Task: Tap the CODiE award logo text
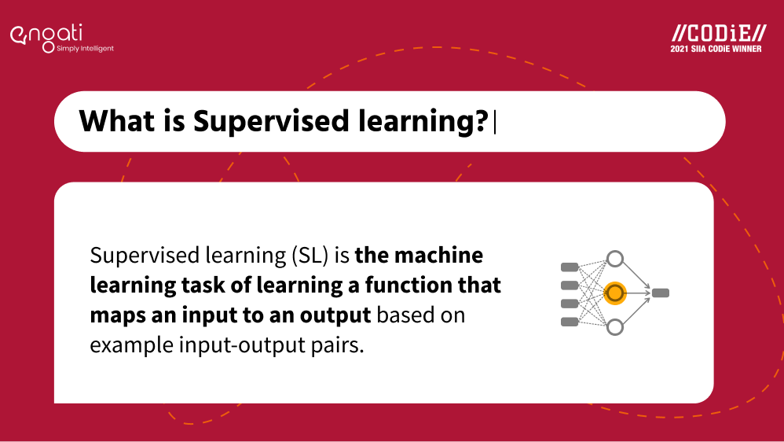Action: coord(719,33)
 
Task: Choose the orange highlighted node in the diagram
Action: coord(614,293)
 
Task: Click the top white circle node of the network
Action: coord(614,259)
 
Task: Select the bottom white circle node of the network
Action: coord(614,326)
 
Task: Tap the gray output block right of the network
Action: coord(661,293)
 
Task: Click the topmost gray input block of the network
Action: coord(570,266)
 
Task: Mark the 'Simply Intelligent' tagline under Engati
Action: coord(85,49)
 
